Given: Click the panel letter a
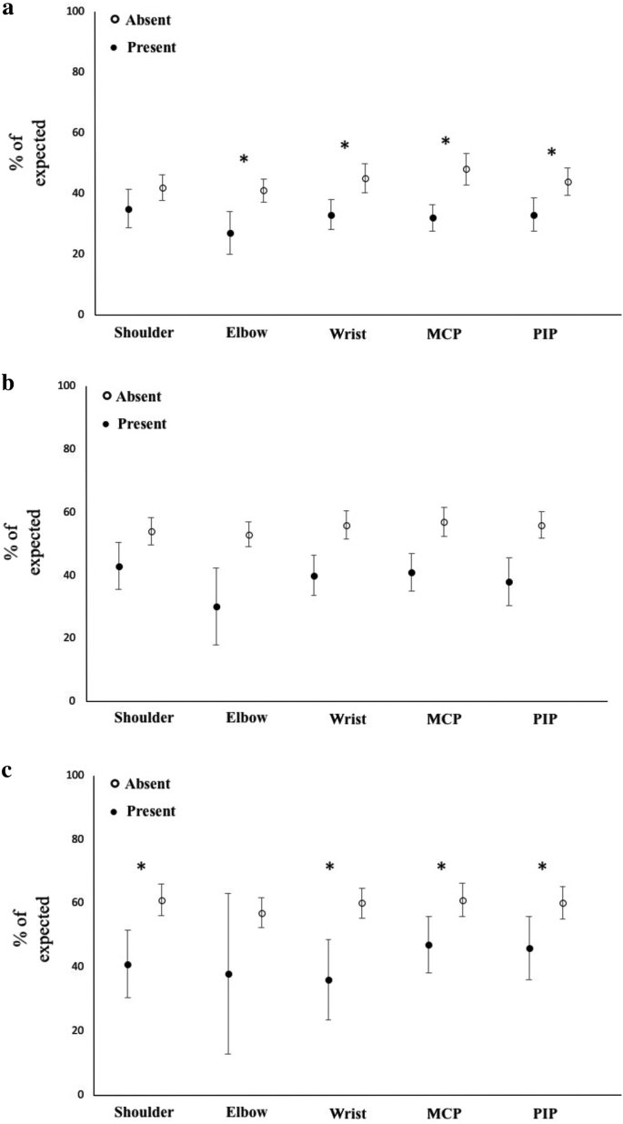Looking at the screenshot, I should point(7,10).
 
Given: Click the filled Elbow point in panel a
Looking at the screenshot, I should point(230,234).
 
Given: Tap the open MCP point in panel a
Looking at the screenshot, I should point(467,169).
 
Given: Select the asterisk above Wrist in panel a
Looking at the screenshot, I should point(345,146).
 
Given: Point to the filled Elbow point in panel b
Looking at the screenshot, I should point(216,607).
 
